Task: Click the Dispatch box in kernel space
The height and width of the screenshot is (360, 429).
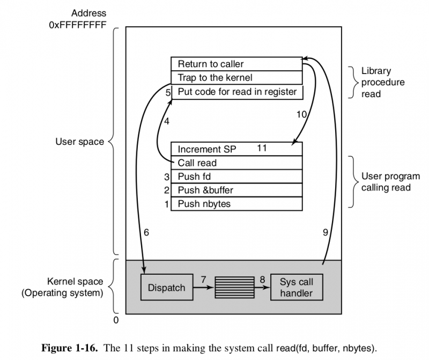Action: (x=166, y=288)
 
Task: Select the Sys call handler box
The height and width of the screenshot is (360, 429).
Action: (x=297, y=288)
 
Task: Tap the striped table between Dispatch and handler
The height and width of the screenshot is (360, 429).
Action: (x=234, y=288)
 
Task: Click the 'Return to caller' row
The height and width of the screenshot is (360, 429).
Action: (x=236, y=64)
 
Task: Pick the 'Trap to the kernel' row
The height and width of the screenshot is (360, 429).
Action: (x=236, y=78)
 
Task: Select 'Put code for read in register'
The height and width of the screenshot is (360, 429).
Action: (x=237, y=92)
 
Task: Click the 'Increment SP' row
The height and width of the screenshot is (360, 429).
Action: (x=236, y=149)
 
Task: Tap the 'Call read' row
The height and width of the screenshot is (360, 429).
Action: (x=236, y=163)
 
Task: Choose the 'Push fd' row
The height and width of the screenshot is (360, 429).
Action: (x=236, y=176)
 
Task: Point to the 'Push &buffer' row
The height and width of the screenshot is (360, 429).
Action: (x=236, y=190)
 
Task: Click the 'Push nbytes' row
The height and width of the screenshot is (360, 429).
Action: (x=236, y=204)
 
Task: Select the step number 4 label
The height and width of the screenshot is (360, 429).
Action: (x=167, y=121)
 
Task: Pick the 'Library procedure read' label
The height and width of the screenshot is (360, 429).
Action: (x=383, y=82)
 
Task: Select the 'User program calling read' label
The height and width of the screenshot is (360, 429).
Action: (x=390, y=182)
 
